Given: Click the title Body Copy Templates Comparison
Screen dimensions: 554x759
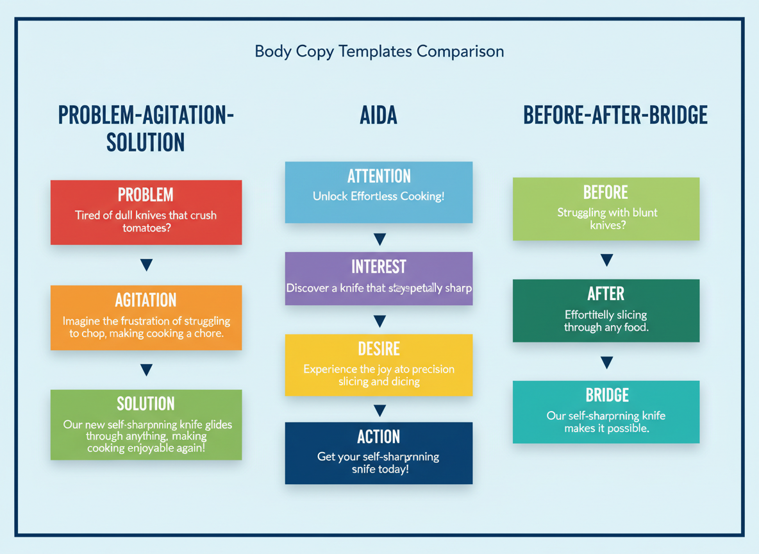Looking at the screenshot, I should point(379,51).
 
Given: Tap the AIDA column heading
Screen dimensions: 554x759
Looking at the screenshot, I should point(379,115).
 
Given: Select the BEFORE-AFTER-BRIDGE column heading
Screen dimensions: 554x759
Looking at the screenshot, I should point(615,115).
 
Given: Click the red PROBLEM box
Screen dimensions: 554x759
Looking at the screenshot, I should point(146,212).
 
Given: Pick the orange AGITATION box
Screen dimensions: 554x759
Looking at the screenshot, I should point(146,317).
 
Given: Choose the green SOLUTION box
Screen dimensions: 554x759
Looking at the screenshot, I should point(146,424).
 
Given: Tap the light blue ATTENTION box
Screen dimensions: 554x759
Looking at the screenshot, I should point(379,192).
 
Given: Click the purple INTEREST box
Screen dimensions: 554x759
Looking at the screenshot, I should point(379,278).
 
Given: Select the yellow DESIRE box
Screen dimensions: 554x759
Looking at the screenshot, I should point(379,365).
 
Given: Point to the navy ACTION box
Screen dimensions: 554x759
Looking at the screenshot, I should point(379,453).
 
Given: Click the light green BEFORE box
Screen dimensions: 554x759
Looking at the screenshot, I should point(606,209).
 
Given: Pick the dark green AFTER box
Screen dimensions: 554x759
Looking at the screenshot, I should point(606,310).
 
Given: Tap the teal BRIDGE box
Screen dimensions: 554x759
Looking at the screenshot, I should point(606,412).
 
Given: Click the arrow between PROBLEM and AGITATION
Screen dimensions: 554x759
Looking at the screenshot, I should point(146,265).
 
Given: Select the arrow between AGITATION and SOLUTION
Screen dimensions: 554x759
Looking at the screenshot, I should point(146,370).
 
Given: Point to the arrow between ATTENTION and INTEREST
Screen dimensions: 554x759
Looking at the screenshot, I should point(379,240).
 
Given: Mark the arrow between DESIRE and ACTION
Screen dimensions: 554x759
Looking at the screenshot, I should point(379,411).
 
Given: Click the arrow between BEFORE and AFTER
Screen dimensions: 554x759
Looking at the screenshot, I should point(606,260).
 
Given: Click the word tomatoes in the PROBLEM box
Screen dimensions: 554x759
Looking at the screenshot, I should point(146,228).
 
